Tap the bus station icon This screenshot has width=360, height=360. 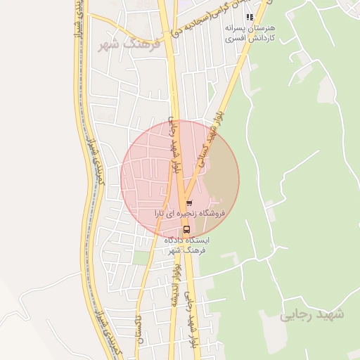point(186,229)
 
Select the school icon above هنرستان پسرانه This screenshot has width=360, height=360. point(249,17)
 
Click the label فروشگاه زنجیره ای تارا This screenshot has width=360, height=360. point(189,212)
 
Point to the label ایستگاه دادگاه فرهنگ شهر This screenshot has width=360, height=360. point(187,244)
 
